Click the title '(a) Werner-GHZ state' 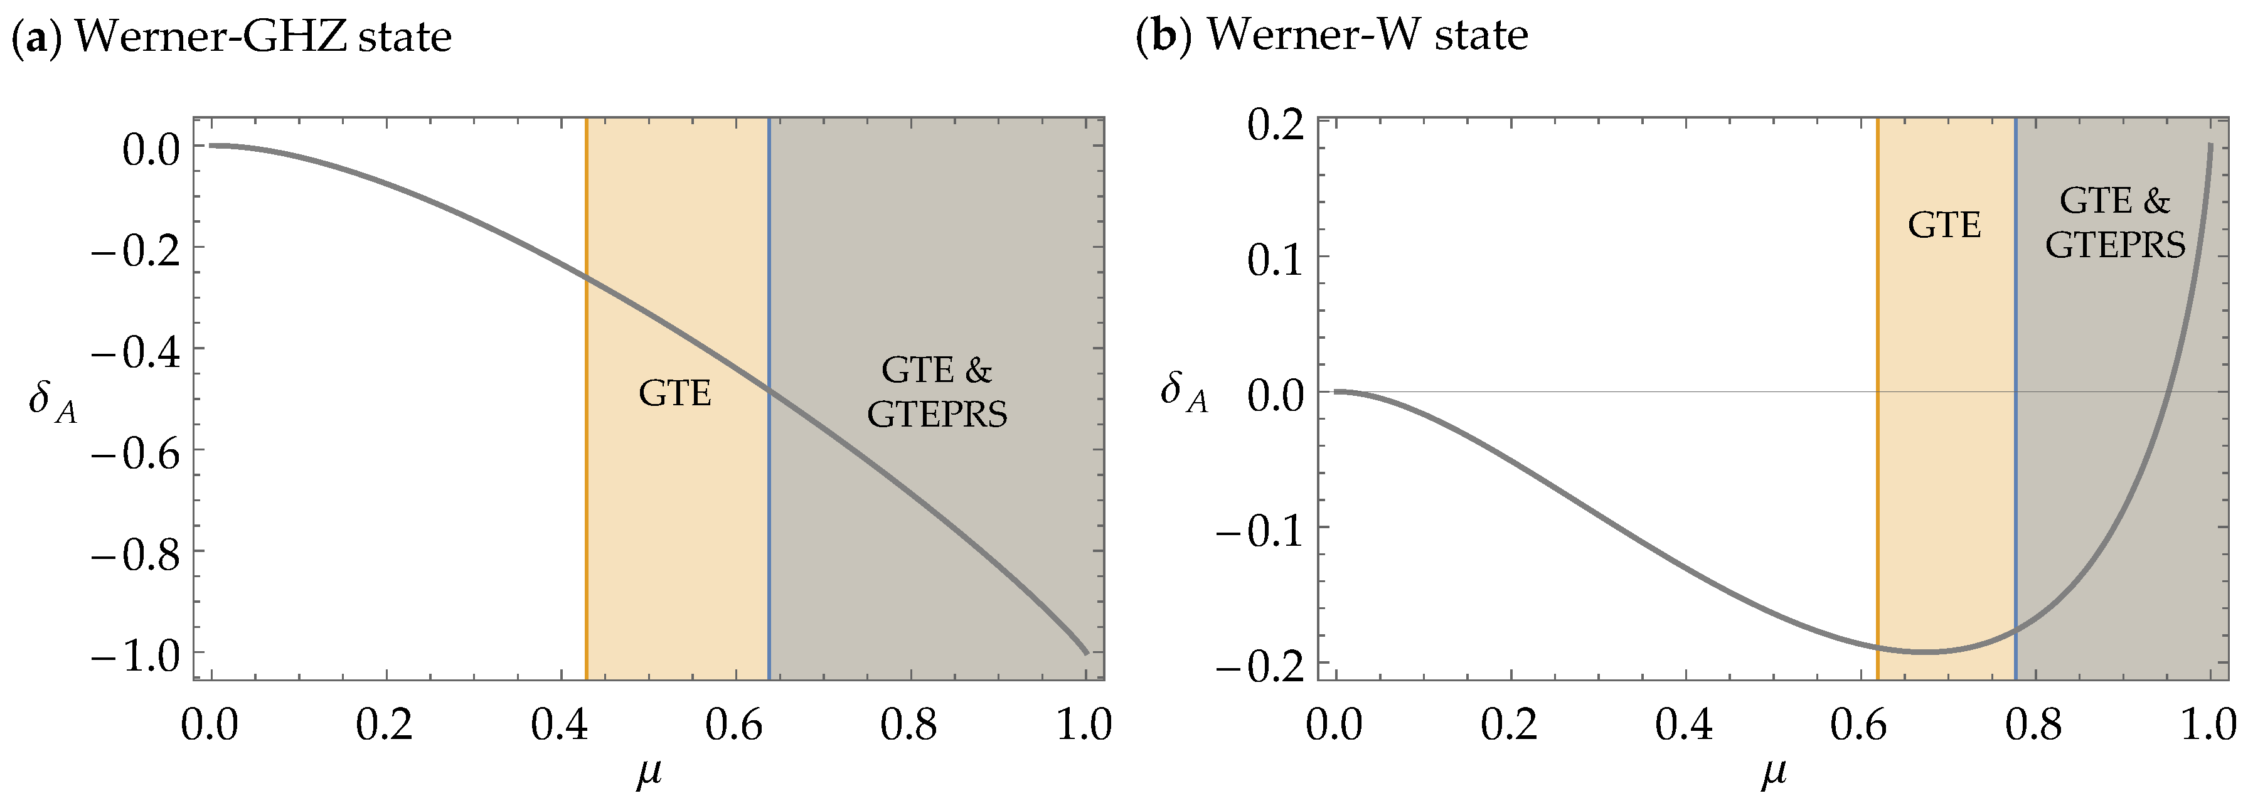232,36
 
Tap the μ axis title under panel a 648,773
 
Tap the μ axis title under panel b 1772,773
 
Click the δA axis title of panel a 52,401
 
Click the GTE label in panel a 674,393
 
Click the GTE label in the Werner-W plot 1944,225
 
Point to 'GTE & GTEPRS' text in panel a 936,392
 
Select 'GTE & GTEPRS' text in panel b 2114,223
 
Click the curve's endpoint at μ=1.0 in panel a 1085,652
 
